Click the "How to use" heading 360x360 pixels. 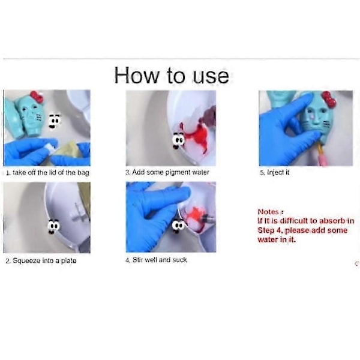coord(172,76)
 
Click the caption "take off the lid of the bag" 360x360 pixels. coord(47,172)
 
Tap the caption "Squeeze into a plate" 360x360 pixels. coord(41,260)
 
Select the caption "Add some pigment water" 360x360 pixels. coord(167,172)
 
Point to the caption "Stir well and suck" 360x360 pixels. coord(156,260)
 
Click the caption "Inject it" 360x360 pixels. coord(275,172)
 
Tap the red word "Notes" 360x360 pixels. coord(268,211)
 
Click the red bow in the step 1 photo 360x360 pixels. coord(37,97)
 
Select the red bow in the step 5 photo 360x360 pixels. coord(329,100)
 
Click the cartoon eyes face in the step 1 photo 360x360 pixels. coord(55,121)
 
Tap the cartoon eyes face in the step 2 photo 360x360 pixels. coord(53,227)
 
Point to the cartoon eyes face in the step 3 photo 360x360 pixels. coord(178,140)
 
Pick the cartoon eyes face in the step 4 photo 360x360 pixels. coord(178,226)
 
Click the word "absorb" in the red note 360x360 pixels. coord(332,221)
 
